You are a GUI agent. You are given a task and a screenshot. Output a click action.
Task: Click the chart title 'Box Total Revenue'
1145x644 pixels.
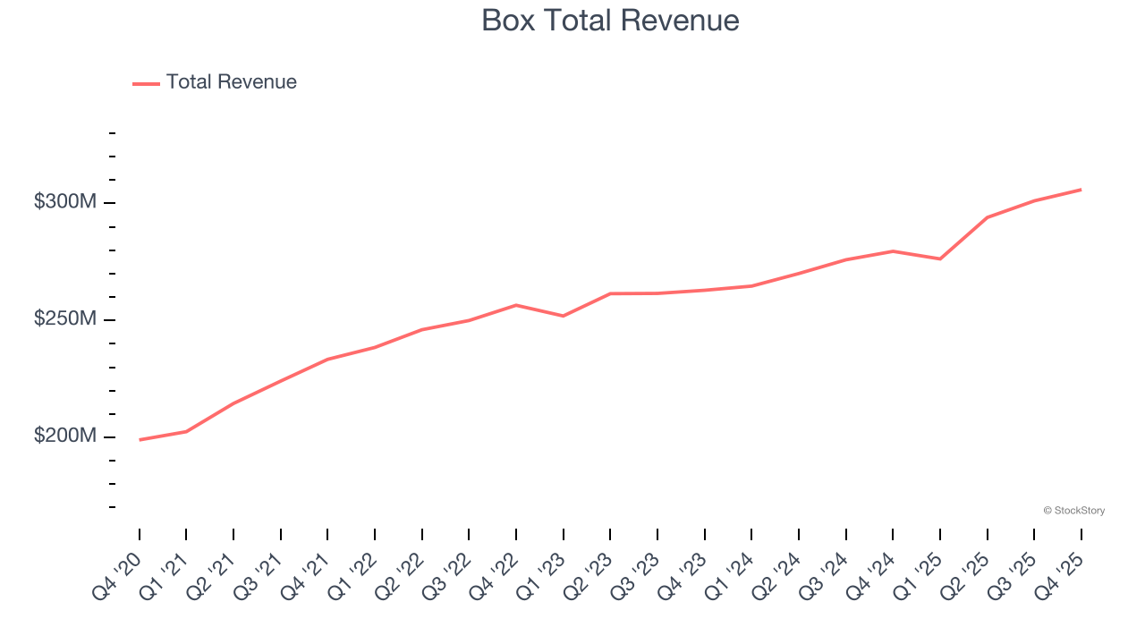pyautogui.click(x=610, y=21)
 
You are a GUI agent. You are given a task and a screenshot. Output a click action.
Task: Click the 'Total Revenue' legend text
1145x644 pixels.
pyautogui.click(x=231, y=82)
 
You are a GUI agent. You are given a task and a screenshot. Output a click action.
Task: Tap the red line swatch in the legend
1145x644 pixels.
pyautogui.click(x=146, y=83)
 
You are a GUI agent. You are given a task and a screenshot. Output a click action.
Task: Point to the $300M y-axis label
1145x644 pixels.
pyautogui.click(x=64, y=203)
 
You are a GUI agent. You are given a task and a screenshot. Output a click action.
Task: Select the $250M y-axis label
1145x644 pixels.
pyautogui.click(x=64, y=320)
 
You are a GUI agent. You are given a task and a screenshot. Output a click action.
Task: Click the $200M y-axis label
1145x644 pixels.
pyautogui.click(x=64, y=436)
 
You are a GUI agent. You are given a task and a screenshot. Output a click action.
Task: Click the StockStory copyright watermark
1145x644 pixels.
pyautogui.click(x=1073, y=511)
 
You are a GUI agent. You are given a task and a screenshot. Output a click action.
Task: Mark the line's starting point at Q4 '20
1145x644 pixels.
pyautogui.click(x=140, y=439)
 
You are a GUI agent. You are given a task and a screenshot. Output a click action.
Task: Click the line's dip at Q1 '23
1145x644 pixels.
pyautogui.click(x=563, y=316)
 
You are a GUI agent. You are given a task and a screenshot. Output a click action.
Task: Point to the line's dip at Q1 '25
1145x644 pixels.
pyautogui.click(x=940, y=258)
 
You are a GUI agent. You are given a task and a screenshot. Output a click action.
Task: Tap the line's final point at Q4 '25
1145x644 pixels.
pyautogui.click(x=1081, y=190)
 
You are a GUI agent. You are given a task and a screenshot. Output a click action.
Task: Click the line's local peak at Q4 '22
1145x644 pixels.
pyautogui.click(x=516, y=305)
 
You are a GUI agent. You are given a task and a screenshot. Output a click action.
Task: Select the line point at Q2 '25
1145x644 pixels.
pyautogui.click(x=987, y=217)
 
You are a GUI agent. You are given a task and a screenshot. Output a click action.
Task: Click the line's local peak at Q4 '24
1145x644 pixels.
pyautogui.click(x=893, y=251)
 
